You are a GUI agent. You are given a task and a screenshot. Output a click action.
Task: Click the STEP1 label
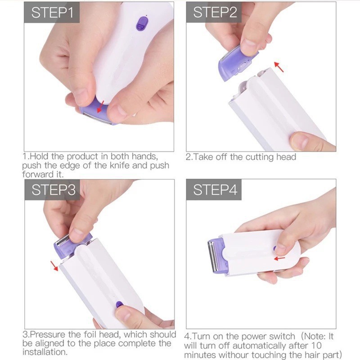tap(52, 13)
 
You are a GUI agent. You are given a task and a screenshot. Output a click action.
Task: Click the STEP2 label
tap(215, 13)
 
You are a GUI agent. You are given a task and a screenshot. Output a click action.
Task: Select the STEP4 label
tap(215, 190)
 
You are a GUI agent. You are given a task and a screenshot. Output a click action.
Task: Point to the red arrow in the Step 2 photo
tap(279, 67)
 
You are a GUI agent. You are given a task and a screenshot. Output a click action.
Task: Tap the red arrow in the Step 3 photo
tap(54, 265)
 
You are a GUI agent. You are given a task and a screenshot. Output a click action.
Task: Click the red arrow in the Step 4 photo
tap(279, 258)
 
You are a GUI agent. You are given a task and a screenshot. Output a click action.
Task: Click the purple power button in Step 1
tap(142, 23)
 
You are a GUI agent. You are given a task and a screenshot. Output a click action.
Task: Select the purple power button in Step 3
tap(119, 305)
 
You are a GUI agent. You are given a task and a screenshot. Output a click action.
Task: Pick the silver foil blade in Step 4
tap(210, 256)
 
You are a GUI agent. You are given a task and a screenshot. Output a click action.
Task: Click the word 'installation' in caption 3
tap(44, 352)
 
